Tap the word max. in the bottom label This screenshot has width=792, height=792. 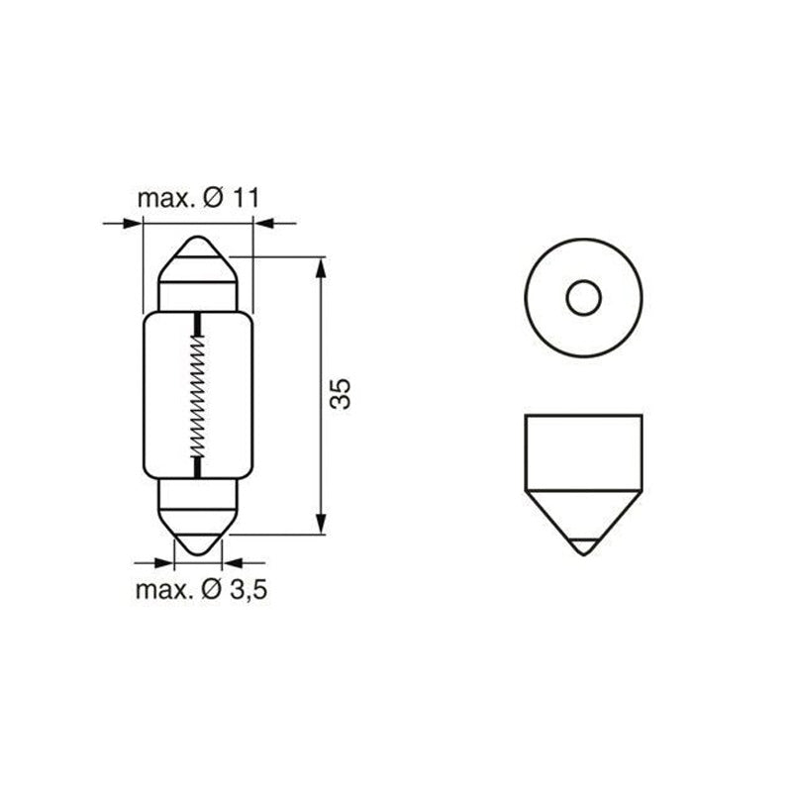[x=162, y=591]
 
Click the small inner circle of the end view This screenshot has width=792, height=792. [x=582, y=297]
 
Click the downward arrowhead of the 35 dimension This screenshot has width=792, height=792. [x=320, y=526]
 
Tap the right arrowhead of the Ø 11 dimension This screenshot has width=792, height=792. [x=262, y=224]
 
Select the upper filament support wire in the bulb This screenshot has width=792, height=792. [x=198, y=322]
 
